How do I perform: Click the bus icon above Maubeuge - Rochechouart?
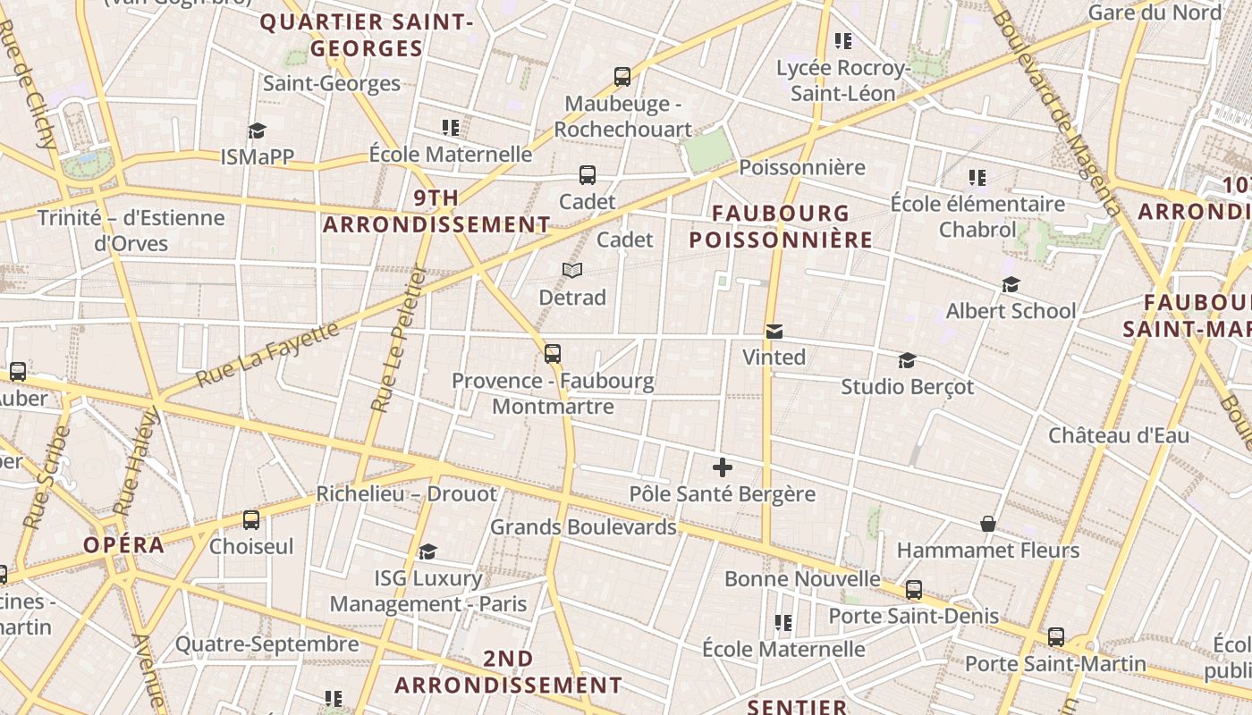(622, 77)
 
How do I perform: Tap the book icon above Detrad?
(572, 270)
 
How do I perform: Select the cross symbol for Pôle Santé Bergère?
(723, 467)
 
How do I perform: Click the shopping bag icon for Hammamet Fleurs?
(988, 524)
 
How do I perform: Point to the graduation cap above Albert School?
(1011, 284)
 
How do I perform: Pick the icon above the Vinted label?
(774, 332)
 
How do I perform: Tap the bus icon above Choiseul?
(251, 519)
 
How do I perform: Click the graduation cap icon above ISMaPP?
(258, 130)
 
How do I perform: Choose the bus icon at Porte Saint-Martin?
(1056, 637)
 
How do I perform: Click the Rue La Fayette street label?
(267, 354)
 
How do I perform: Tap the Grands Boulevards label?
(583, 527)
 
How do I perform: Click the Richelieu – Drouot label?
(406, 494)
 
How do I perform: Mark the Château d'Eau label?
(1119, 436)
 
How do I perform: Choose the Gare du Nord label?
(1155, 13)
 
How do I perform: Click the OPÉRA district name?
(124, 545)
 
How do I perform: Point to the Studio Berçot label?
(907, 387)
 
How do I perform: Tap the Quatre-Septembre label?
(266, 644)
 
